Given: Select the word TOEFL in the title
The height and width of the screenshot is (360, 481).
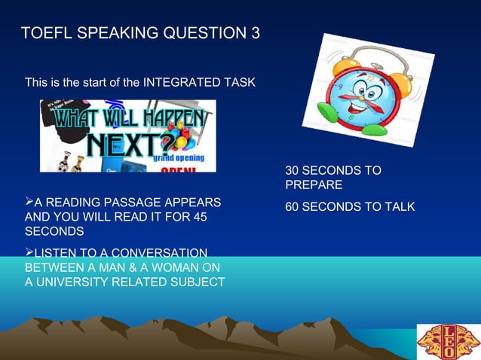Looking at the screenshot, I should click(45, 34).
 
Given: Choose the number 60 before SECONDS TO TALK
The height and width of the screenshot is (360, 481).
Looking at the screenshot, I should click(293, 206).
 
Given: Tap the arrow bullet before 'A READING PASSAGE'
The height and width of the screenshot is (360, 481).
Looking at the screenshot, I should click(29, 202).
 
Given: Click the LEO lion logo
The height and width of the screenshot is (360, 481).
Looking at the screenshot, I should click(448, 340).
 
